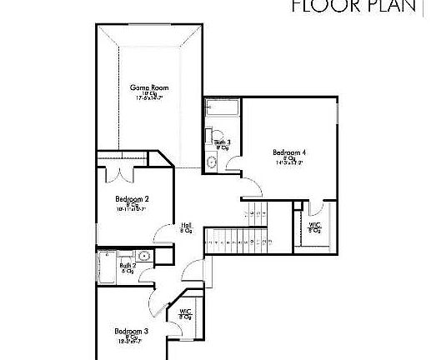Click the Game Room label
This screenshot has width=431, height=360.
pyautogui.click(x=149, y=87)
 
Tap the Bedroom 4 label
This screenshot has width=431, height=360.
pyautogui.click(x=289, y=152)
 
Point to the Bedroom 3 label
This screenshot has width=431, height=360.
pyautogui.click(x=132, y=331)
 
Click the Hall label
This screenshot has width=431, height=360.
pyautogui.click(x=187, y=225)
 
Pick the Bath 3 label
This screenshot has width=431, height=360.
pyautogui.click(x=223, y=142)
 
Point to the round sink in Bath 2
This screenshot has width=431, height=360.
pyautogui.click(x=143, y=256)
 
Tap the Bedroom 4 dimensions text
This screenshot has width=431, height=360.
pyautogui.click(x=289, y=163)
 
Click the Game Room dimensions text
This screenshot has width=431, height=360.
pyautogui.click(x=149, y=98)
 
